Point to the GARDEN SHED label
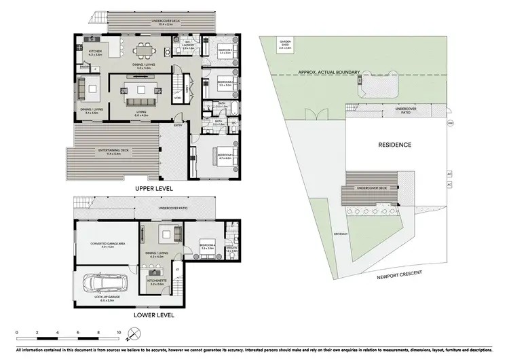(285, 46)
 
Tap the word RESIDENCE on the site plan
(395, 144)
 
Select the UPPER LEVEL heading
(153, 188)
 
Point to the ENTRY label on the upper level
(178, 125)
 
